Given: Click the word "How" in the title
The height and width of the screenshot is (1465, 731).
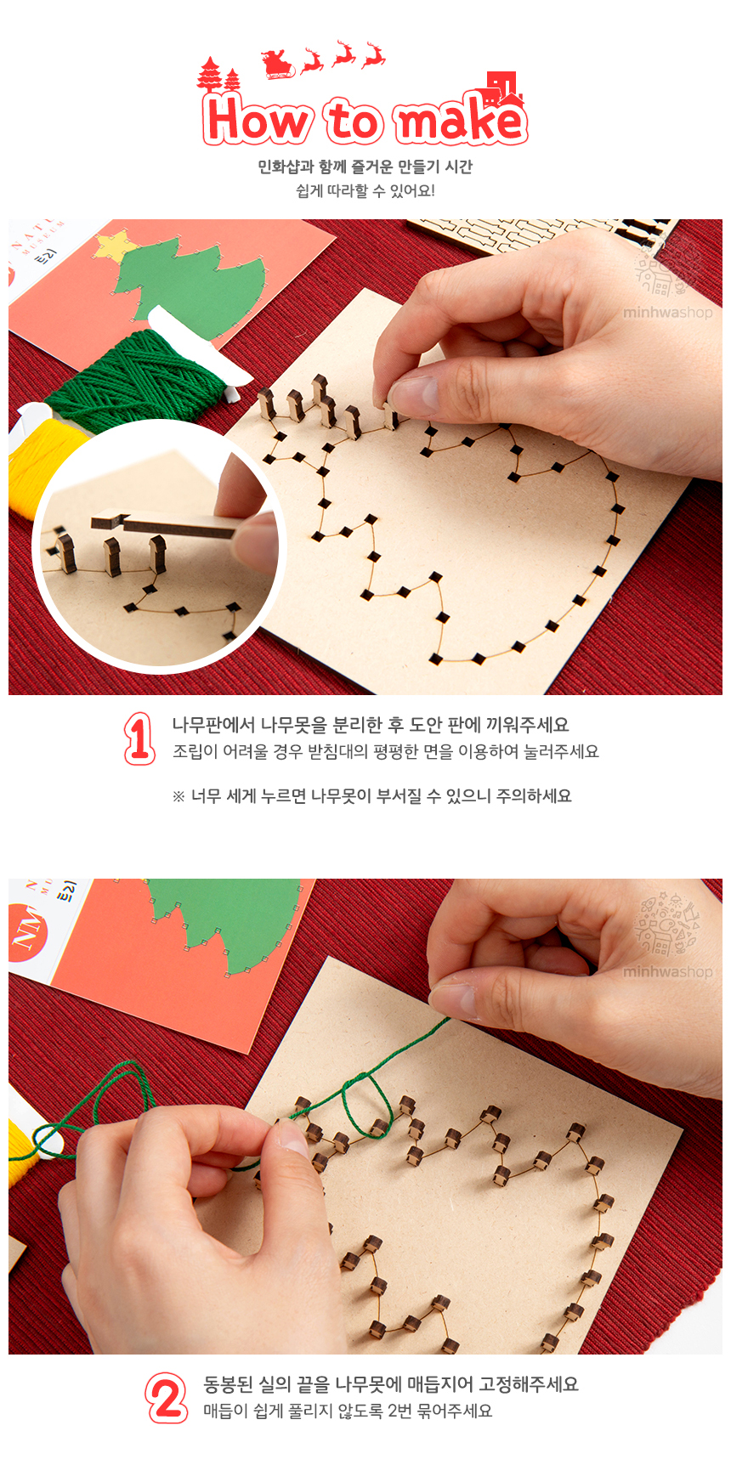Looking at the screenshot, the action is (256, 120).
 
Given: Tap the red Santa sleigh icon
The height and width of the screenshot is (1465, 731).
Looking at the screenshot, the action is (278, 64).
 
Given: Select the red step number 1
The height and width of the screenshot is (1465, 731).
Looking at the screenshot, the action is (139, 738).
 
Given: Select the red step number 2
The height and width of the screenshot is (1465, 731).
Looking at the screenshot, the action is (167, 1397).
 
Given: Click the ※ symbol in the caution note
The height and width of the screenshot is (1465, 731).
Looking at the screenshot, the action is (178, 796).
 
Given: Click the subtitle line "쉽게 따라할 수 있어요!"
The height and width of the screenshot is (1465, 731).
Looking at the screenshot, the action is (365, 190).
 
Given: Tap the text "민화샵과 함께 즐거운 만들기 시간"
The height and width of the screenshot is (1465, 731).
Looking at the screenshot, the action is (365, 167).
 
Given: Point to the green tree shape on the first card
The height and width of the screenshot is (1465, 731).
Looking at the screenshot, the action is (191, 273).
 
